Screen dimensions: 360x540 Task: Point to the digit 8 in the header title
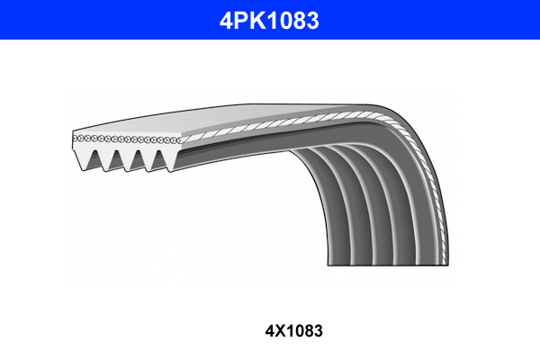pos(301,20)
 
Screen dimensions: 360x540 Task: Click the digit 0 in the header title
pos(286,20)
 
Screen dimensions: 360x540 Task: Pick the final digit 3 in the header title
pos(313,20)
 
